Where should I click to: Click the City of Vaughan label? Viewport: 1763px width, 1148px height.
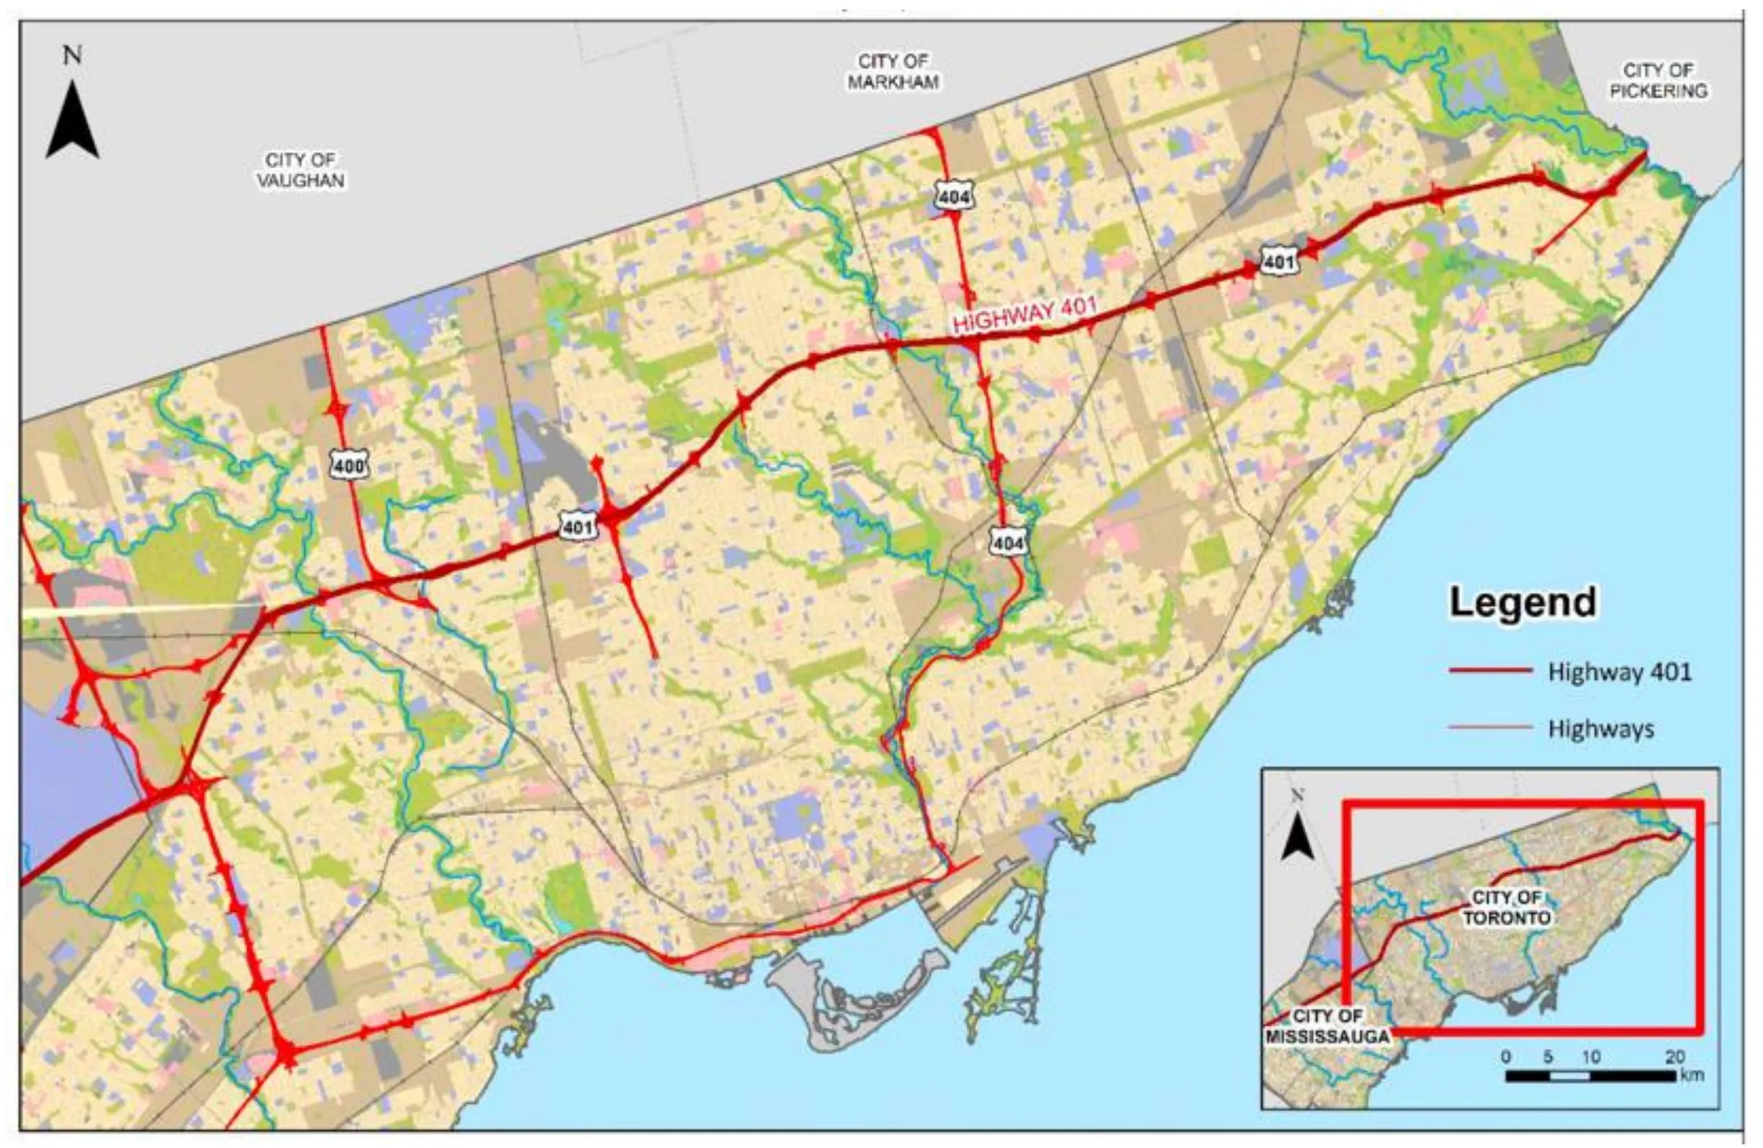click(x=301, y=169)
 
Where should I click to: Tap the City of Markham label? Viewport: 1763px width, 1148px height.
click(x=892, y=71)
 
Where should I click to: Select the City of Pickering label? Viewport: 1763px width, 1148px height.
click(x=1658, y=80)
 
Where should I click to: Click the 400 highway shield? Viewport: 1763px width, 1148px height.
click(x=348, y=466)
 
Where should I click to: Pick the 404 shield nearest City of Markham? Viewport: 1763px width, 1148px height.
click(x=954, y=196)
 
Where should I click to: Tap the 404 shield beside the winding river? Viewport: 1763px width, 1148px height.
click(x=1008, y=543)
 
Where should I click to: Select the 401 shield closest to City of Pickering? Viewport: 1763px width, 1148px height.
click(x=1278, y=262)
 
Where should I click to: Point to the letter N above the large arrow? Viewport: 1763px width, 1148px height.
click(x=72, y=56)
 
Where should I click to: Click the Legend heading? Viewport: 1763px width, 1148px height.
click(x=1523, y=602)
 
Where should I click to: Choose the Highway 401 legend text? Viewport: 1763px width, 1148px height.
click(x=1619, y=671)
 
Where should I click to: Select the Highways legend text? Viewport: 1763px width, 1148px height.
click(x=1600, y=729)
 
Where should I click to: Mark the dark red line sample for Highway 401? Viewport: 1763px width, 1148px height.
click(x=1490, y=671)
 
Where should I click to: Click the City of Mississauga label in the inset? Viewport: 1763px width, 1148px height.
click(x=1327, y=1026)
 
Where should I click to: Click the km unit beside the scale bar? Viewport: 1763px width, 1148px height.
click(x=1692, y=1074)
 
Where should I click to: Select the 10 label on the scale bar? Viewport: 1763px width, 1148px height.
click(x=1591, y=1057)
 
